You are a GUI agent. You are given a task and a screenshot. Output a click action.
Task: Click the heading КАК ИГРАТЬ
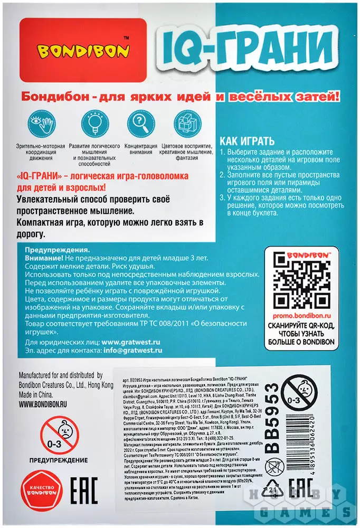click(x=247, y=142)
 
